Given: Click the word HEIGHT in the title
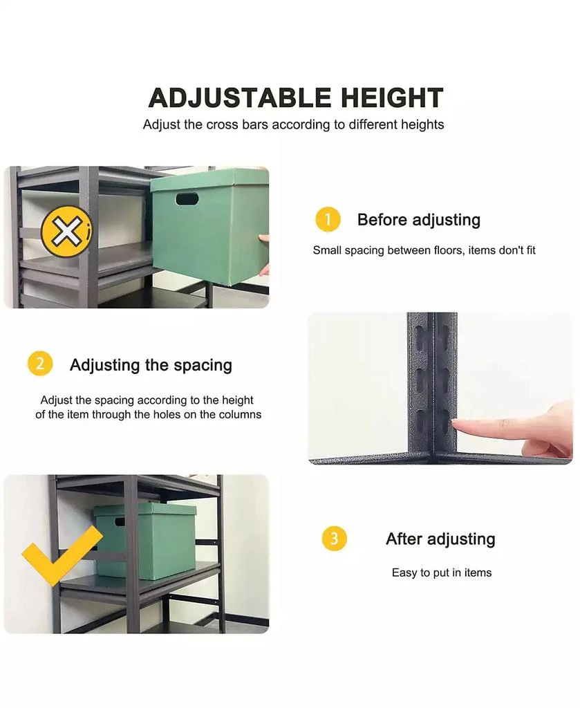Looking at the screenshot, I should click(387, 98).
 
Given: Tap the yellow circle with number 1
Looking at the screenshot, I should click(328, 219).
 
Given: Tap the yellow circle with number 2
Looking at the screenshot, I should click(39, 363).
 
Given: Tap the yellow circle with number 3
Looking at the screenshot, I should click(334, 538).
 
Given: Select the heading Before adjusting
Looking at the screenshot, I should click(418, 220).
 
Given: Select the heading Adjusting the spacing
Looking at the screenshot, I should click(151, 364).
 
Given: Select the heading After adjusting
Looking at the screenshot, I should click(440, 539).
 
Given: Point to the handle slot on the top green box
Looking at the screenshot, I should click(187, 199).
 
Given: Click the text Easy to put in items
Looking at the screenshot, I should click(441, 572).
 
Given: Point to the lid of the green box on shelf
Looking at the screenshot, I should click(144, 510).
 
